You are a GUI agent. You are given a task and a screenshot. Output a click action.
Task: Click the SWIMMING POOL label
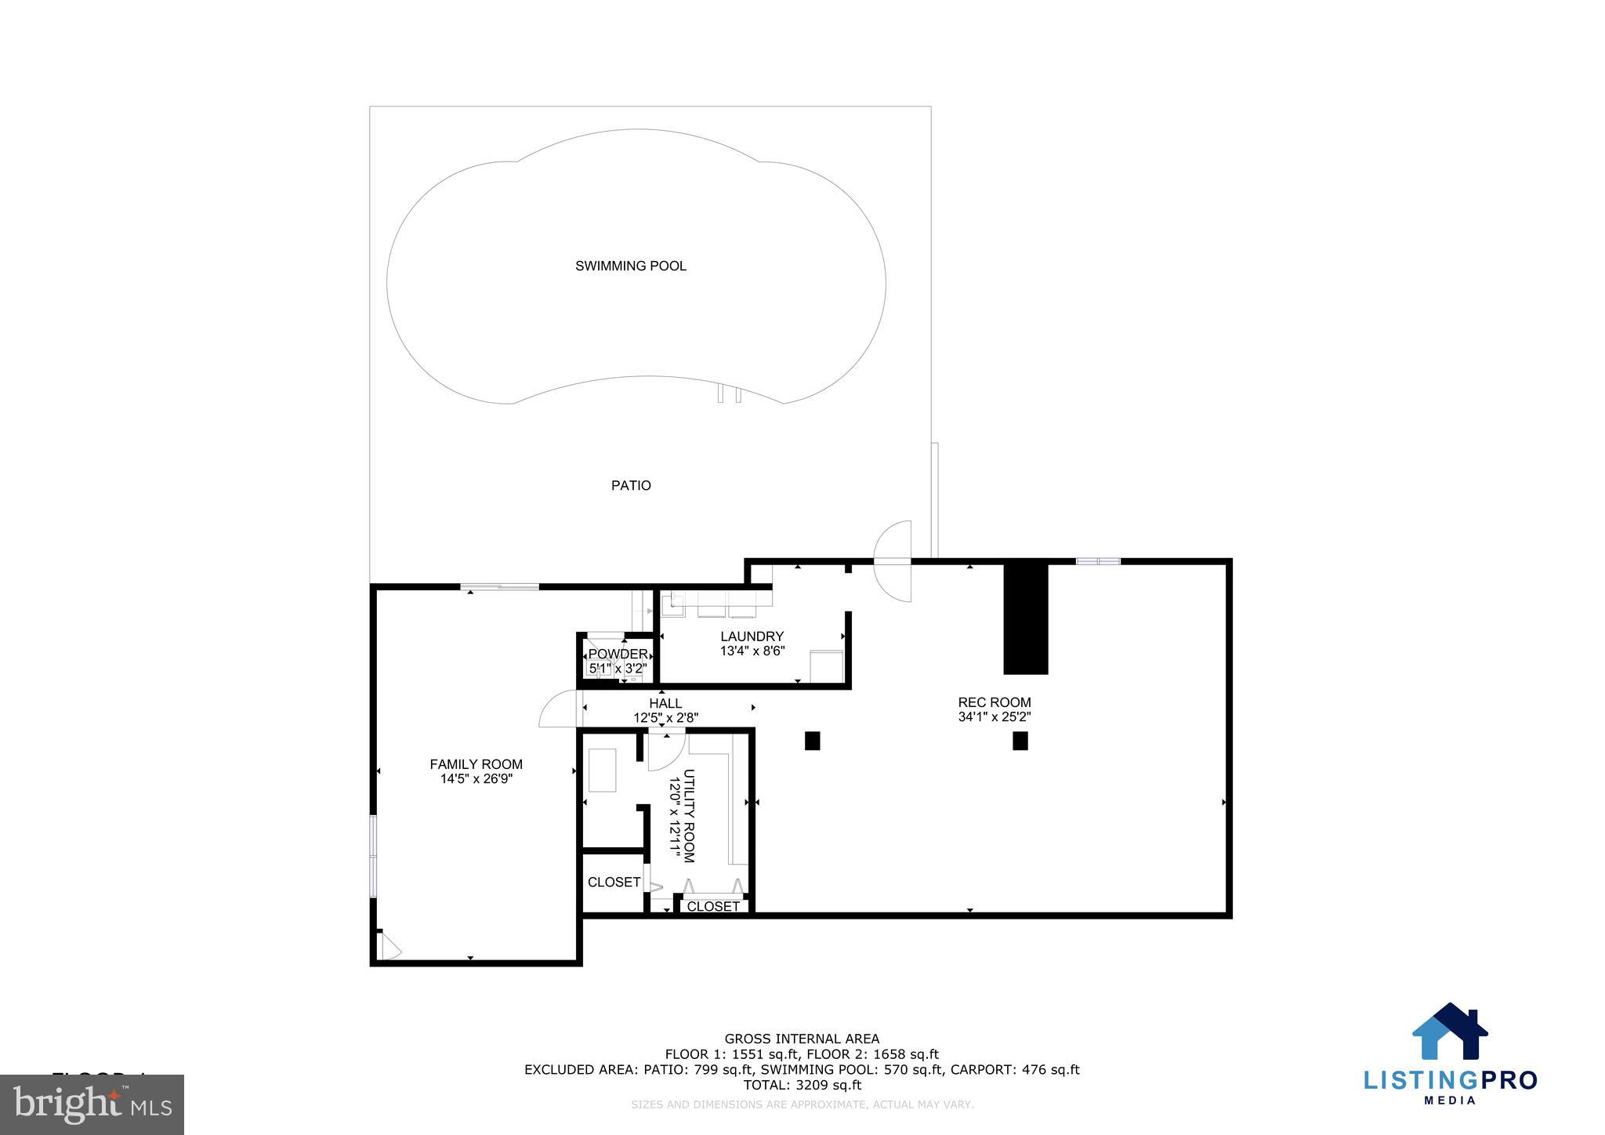click(630, 266)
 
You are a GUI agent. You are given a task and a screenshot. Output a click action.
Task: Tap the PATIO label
click(631, 485)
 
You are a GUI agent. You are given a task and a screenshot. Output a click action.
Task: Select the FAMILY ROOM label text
click(476, 764)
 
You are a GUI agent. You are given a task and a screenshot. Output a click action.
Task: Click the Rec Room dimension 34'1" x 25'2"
click(994, 717)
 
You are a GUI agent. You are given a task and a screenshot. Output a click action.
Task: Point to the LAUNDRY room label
click(752, 636)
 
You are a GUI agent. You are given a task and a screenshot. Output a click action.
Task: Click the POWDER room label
click(618, 654)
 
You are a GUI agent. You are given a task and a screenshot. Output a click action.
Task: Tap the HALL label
click(665, 703)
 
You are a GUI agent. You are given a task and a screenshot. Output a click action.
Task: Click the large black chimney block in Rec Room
click(1025, 618)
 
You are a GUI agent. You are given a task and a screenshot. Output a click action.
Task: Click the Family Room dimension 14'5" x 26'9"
click(476, 779)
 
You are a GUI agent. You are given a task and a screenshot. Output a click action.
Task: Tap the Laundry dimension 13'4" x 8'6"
click(752, 651)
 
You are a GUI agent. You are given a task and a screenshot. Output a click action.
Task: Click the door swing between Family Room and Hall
click(558, 710)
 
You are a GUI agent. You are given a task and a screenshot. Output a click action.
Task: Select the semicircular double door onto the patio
click(893, 561)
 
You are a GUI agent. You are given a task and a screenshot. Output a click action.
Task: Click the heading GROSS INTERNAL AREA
click(801, 1039)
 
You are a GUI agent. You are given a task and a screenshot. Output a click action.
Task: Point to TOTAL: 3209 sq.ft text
click(801, 1086)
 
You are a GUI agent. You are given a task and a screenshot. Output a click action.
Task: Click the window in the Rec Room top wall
click(1097, 560)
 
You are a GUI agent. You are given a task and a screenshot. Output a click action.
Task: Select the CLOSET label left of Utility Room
click(614, 882)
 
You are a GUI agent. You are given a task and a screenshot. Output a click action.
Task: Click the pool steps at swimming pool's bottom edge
click(729, 394)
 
